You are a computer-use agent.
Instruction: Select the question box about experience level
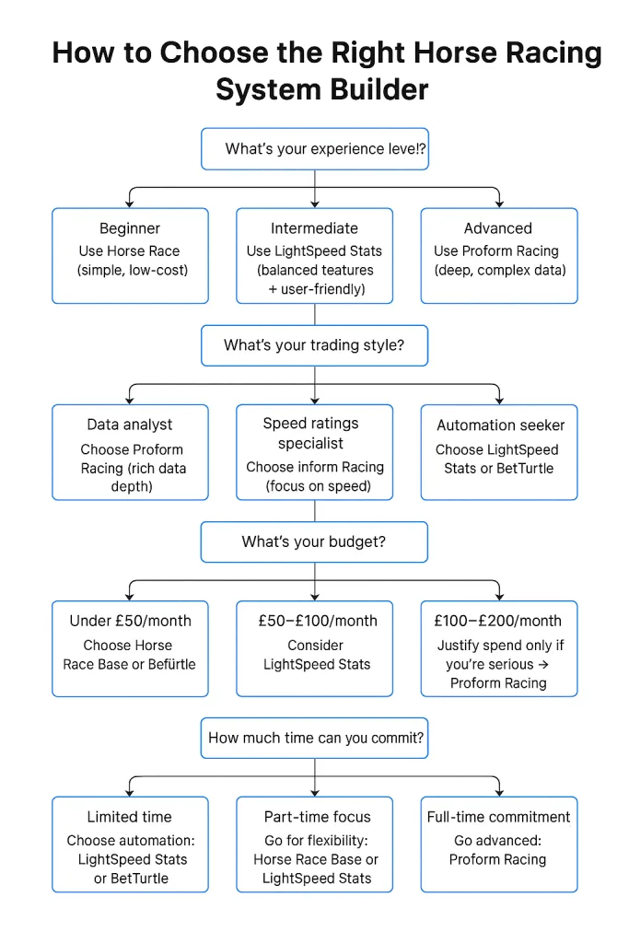pyautogui.click(x=314, y=149)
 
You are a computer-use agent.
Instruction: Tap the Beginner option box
pyautogui.click(x=130, y=255)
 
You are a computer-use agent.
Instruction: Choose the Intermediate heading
pyautogui.click(x=314, y=228)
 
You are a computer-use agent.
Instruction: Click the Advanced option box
pyautogui.click(x=498, y=255)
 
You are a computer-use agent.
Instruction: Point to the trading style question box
pyautogui.click(x=314, y=346)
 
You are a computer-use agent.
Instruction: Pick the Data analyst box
pyautogui.click(x=130, y=452)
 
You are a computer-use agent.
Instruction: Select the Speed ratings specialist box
pyautogui.click(x=314, y=452)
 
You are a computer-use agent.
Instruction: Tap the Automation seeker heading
pyautogui.click(x=500, y=425)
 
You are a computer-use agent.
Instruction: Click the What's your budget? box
pyautogui.click(x=314, y=541)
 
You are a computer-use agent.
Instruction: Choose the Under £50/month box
pyautogui.click(x=130, y=648)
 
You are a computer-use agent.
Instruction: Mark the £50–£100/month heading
pyautogui.click(x=317, y=621)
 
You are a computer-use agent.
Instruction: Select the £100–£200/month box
pyautogui.click(x=498, y=648)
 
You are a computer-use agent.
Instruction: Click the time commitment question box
pyautogui.click(x=314, y=738)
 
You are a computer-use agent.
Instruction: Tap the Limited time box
pyautogui.click(x=130, y=844)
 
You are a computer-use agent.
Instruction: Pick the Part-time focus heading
pyautogui.click(x=317, y=817)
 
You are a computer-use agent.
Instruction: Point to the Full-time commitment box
pyautogui.click(x=498, y=844)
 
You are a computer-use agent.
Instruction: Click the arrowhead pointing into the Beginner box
pyautogui.click(x=130, y=202)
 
